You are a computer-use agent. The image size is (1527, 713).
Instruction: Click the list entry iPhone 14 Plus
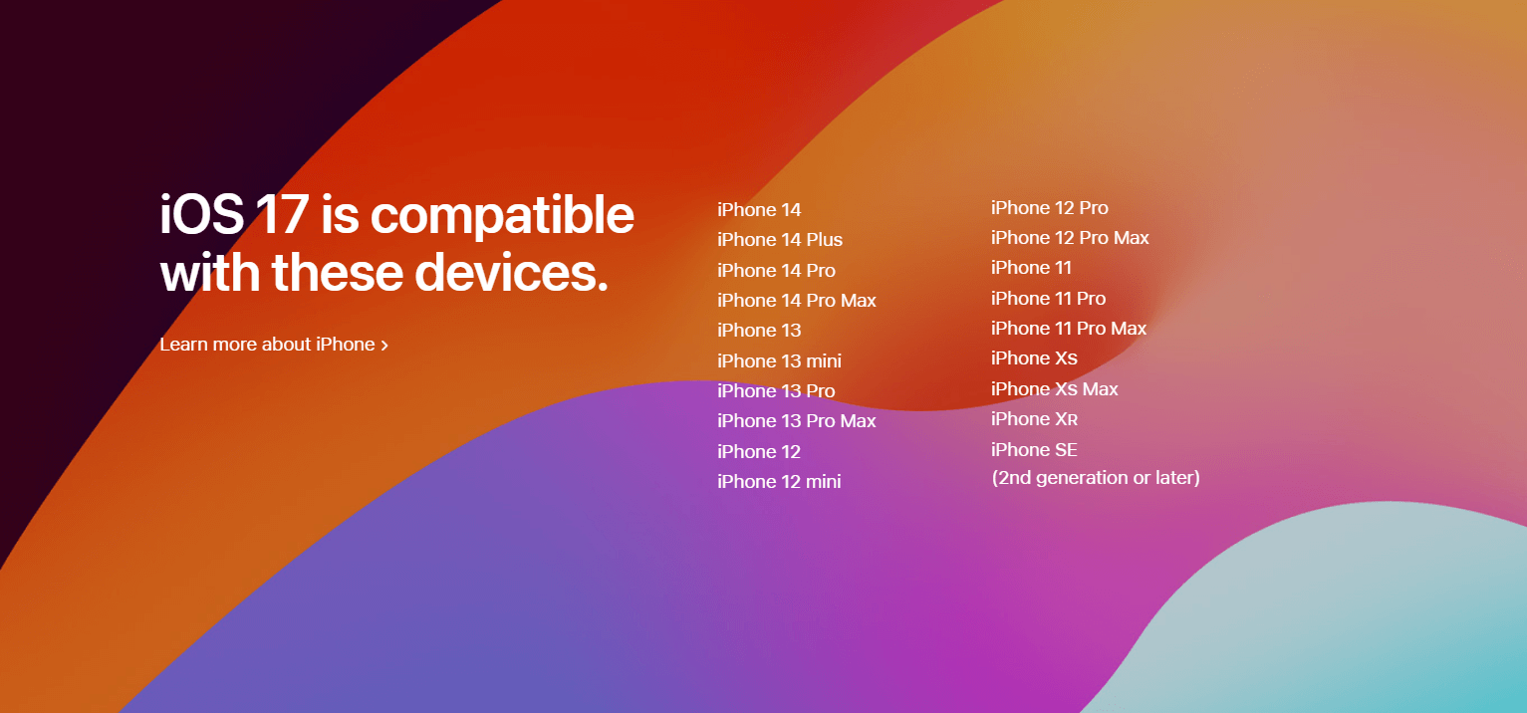pos(780,240)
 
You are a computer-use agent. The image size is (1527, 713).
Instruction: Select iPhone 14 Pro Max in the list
pos(796,301)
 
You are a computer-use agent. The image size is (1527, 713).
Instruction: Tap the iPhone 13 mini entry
pos(779,360)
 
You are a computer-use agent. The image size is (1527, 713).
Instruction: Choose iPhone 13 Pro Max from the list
pos(796,421)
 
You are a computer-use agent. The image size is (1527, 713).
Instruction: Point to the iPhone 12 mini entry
pos(779,482)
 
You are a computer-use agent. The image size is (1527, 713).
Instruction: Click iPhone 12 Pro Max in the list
pos(1070,238)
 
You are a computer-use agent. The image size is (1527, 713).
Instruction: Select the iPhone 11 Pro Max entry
pos(1069,329)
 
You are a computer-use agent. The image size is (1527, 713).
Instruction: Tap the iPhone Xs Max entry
pos(1055,389)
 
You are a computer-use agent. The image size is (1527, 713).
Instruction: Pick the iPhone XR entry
pos(1034,419)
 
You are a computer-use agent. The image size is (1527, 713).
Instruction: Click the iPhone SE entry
pos(1034,450)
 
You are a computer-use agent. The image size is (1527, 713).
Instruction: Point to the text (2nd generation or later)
pos(1096,478)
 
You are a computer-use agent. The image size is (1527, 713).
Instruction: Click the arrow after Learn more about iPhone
pos(384,346)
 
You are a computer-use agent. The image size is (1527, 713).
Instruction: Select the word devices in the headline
pos(511,273)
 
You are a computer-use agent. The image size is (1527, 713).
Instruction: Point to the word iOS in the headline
pos(202,214)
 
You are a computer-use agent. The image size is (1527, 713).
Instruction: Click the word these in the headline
pos(338,273)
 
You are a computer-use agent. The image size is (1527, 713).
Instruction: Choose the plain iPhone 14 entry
pos(759,210)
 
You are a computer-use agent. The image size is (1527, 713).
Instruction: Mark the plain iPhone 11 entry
pos(1031,268)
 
